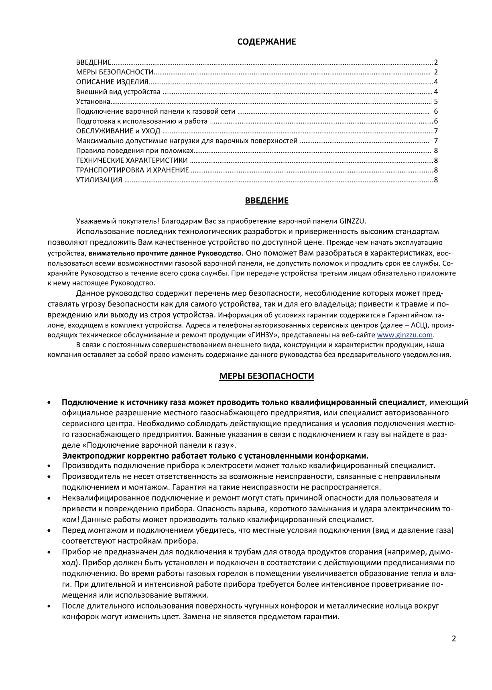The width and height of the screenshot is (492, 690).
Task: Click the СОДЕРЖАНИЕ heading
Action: point(266,42)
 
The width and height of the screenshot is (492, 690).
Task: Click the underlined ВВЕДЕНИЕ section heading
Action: point(266,200)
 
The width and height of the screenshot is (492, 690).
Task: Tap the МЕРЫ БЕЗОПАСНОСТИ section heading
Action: point(266,376)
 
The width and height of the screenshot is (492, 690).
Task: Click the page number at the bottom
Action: point(454,639)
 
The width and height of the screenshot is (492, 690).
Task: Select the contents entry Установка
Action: point(94,102)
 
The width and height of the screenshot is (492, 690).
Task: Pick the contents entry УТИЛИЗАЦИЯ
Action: point(99,180)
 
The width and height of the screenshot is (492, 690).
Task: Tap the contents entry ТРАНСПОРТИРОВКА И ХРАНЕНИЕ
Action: point(132,170)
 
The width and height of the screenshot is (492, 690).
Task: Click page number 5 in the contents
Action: point(436,102)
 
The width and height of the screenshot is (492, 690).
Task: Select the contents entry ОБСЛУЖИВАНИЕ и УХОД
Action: point(118,131)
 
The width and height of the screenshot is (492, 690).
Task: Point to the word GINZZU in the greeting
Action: point(352,221)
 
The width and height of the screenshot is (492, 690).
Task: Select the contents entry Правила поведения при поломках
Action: point(135,151)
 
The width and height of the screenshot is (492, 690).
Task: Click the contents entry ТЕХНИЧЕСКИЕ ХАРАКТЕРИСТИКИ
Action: point(132,160)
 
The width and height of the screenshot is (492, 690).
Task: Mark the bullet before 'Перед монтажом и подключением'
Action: point(49,531)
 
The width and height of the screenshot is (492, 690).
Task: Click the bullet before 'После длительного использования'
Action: point(49,606)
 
